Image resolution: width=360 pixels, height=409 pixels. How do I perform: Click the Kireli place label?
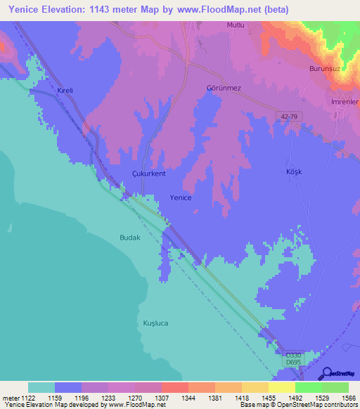tap(65, 92)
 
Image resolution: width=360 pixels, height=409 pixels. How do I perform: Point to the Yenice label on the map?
tap(181, 198)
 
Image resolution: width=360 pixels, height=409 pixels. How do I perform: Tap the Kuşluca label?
tap(156, 323)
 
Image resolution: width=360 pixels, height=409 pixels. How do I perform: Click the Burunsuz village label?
tap(325, 69)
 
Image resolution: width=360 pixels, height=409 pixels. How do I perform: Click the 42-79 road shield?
tap(288, 117)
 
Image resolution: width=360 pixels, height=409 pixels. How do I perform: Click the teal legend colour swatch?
tap(41, 387)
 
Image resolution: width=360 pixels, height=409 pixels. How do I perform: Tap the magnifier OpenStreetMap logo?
tap(326, 374)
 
